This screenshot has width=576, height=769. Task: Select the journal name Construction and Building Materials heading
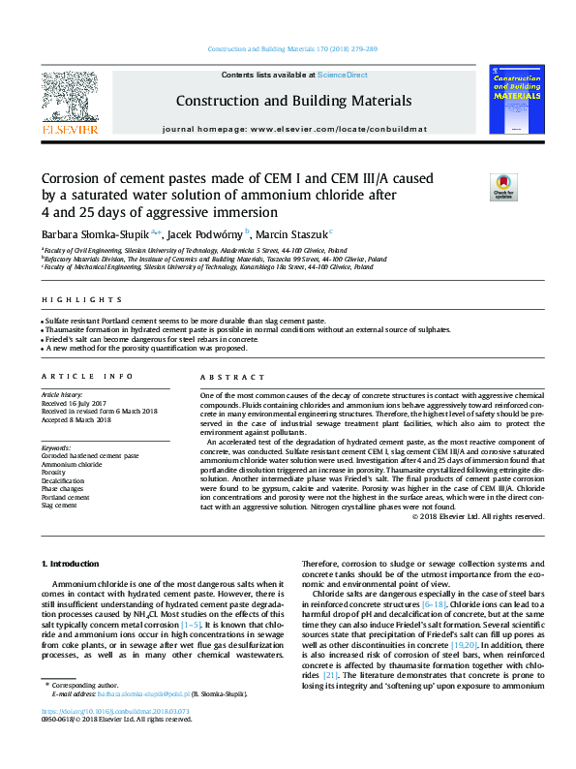click(293, 101)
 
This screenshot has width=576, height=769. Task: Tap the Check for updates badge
click(503, 186)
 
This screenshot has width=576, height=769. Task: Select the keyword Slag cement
click(59, 505)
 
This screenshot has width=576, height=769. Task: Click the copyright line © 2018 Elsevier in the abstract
click(478, 516)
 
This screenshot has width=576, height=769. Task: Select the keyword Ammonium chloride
click(72, 463)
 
